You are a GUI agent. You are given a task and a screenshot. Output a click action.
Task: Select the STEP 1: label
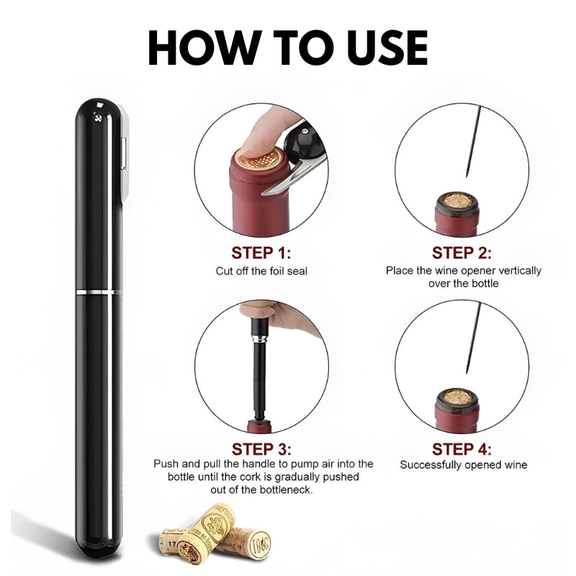pos(261,253)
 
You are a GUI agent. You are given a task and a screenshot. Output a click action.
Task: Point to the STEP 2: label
pos(462,253)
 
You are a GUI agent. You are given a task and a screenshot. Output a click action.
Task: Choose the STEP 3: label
pos(261,449)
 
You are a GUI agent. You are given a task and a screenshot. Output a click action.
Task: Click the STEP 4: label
pos(462,449)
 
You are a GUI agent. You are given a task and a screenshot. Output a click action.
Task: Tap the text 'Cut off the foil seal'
pos(261,271)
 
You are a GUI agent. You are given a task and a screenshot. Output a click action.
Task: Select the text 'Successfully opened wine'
pos(463,465)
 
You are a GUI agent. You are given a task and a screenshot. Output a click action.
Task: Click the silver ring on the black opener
pos(99,292)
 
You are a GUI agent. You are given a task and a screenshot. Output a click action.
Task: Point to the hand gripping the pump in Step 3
pos(288,318)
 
